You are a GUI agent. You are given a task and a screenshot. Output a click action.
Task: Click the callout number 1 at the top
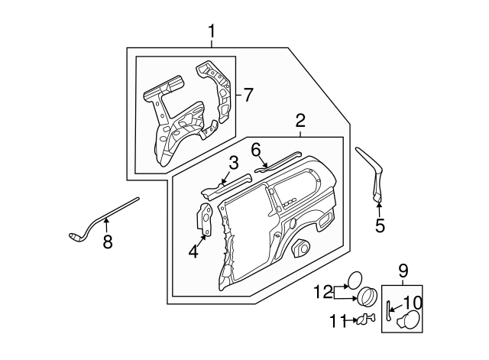(x=212, y=31)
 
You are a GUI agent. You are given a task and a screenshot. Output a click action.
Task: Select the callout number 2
(x=300, y=120)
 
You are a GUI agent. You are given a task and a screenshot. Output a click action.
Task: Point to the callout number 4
(x=193, y=249)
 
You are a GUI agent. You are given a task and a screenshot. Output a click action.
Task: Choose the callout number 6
(x=256, y=149)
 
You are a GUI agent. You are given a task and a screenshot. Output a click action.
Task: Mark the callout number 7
(x=247, y=95)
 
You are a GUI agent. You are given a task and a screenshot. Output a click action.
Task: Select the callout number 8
(x=107, y=242)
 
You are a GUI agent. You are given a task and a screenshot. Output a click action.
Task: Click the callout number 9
(x=403, y=270)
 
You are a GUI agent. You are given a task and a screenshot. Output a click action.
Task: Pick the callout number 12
(x=322, y=290)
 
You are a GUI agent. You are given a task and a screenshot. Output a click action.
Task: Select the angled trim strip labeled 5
(x=372, y=172)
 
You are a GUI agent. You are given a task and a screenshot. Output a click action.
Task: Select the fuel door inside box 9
(x=410, y=320)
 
